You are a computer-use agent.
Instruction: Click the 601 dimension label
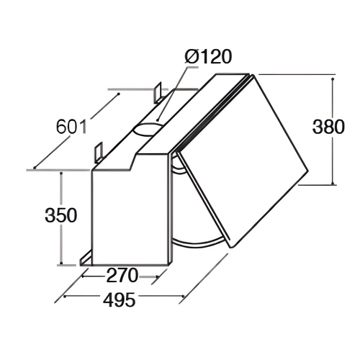point(72,127)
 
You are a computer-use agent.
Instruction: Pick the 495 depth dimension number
point(119,300)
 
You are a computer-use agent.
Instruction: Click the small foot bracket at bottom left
point(86,257)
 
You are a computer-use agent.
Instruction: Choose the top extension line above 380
point(295,74)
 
